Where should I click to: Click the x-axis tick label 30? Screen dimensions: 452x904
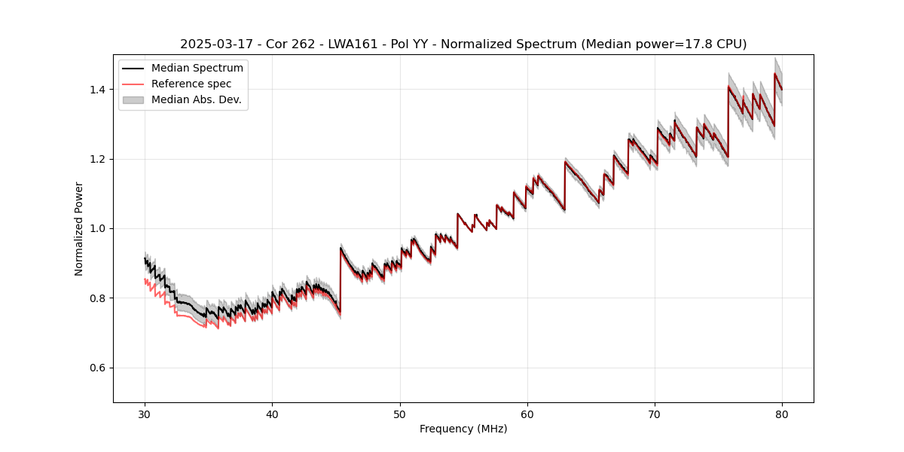(145, 414)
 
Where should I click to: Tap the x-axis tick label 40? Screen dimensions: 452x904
(273, 414)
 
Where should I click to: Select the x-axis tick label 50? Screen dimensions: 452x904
(400, 414)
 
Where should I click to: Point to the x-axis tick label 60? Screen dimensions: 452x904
(527, 414)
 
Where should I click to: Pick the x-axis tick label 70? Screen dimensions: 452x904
(655, 414)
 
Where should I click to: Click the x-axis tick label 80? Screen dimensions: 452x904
(782, 414)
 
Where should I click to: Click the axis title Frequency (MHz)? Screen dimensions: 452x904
(463, 429)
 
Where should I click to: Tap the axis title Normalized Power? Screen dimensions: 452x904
(79, 228)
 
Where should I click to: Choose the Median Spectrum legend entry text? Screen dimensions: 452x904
(197, 69)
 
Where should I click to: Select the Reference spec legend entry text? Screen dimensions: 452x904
(191, 84)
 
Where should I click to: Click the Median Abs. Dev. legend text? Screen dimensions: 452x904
(196, 99)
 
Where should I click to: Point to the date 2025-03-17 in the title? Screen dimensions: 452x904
(212, 44)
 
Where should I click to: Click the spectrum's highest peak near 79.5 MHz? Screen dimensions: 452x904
(775, 74)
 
